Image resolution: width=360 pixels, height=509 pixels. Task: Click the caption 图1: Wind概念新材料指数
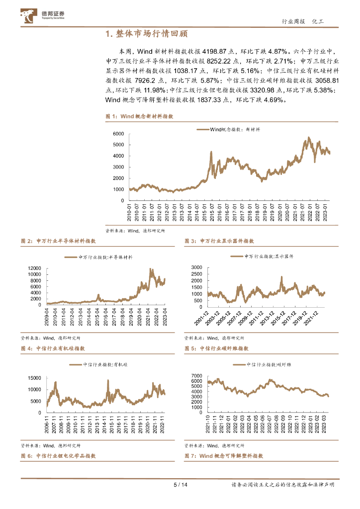click(139, 116)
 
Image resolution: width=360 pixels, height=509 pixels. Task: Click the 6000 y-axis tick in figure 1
click(117, 134)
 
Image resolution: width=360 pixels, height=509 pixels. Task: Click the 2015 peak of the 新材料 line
click(211, 152)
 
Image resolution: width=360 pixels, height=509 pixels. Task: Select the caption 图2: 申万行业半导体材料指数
click(58, 241)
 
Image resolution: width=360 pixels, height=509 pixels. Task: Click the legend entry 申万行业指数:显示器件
click(262, 256)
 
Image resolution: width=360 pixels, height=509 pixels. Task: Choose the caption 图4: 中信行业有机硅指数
click(53, 348)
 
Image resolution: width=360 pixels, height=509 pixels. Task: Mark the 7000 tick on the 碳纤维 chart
click(196, 376)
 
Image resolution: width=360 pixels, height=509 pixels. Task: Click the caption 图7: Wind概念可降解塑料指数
click(223, 456)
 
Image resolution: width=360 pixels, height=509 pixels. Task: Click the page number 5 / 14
click(180, 485)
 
